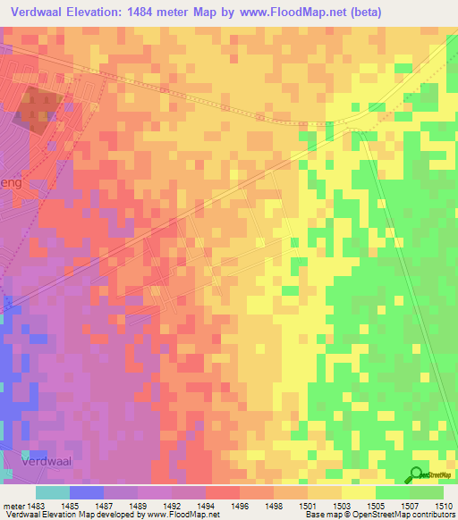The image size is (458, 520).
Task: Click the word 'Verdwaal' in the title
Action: click(x=39, y=12)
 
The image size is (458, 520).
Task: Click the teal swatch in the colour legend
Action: click(x=53, y=492)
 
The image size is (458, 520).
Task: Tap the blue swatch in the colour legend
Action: click(x=87, y=492)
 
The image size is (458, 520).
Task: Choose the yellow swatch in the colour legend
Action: click(x=358, y=492)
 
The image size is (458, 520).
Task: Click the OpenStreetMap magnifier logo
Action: click(x=417, y=474)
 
